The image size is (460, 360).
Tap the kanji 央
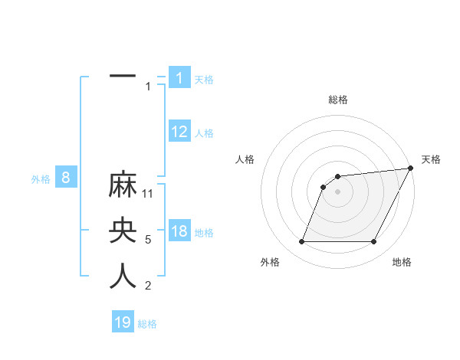click(123, 231)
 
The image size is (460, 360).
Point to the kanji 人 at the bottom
click(123, 277)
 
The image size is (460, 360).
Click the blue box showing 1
click(179, 78)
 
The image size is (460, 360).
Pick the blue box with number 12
click(179, 132)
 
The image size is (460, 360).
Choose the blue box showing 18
click(179, 232)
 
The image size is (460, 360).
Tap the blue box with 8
click(66, 178)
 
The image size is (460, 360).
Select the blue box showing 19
click(123, 322)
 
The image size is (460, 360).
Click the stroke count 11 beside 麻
click(149, 194)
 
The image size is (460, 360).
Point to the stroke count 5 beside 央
click(148, 240)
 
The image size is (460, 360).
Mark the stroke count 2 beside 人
click(148, 286)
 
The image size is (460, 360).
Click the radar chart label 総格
click(337, 100)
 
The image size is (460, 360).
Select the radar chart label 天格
click(431, 159)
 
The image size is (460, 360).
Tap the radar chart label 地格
click(402, 262)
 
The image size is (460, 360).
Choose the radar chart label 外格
click(270, 262)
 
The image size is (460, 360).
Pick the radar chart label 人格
click(245, 159)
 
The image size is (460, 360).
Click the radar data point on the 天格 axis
click(410, 169)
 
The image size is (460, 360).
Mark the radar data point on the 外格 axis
click(301, 242)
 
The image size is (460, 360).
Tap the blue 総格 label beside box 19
click(147, 324)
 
